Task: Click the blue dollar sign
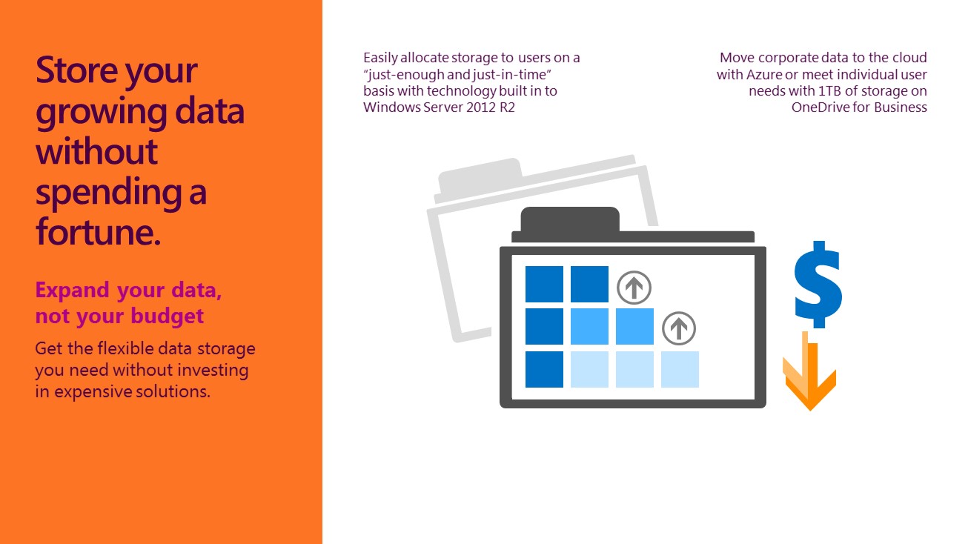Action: pos(818,285)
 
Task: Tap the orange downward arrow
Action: pos(809,371)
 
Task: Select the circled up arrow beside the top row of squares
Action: pos(634,288)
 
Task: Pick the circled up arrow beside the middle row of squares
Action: pos(679,328)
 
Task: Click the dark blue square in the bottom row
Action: pos(544,369)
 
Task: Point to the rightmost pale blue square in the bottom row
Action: pos(680,369)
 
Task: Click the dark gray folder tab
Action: pos(570,219)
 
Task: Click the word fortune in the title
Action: pos(98,231)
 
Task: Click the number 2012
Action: pos(480,107)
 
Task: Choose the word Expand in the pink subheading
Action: pos(72,291)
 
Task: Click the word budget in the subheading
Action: pos(168,316)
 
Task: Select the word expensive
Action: pos(93,392)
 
